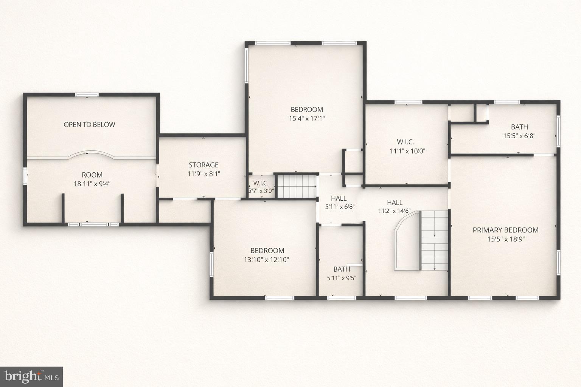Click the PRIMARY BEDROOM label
tap(505, 230)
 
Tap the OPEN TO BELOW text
tap(89, 125)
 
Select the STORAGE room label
tap(204, 165)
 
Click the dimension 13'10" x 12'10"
tap(267, 260)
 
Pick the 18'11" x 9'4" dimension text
tap(92, 184)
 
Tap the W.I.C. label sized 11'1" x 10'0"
tap(405, 142)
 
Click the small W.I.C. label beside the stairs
tap(261, 183)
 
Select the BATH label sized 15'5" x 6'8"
tap(519, 127)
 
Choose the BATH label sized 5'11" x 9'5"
tap(342, 269)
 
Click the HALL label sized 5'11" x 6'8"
tap(339, 198)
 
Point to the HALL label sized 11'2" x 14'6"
tap(395, 203)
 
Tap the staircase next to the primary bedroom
tap(435, 240)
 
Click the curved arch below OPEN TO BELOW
tap(87, 155)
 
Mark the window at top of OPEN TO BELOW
tap(87, 94)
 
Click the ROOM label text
tap(92, 175)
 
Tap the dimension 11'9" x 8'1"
tap(204, 174)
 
